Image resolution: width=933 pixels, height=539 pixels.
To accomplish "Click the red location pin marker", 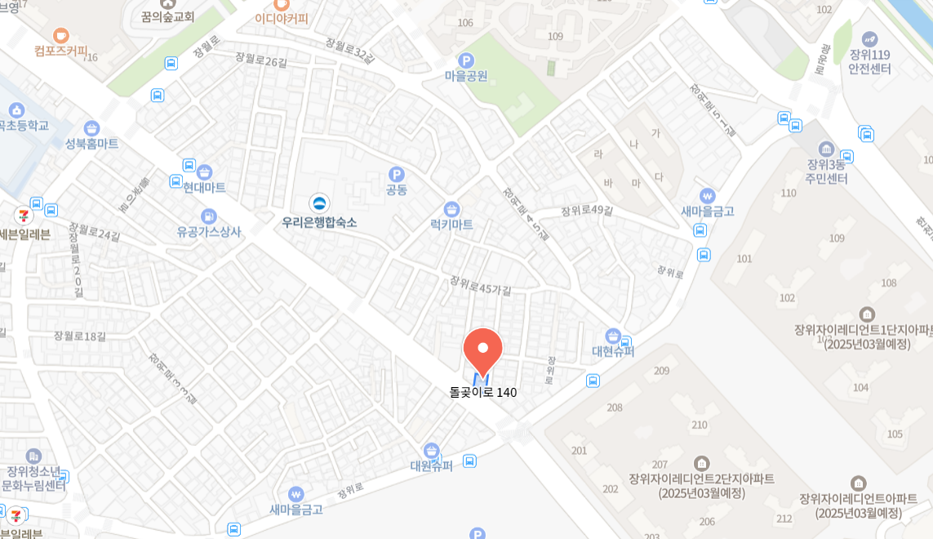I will tap(482, 350).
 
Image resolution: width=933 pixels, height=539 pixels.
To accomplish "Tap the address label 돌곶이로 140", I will tap(483, 392).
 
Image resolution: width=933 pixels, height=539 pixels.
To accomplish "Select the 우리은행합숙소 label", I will tap(319, 222).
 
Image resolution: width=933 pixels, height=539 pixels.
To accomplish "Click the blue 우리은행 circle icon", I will tap(319, 203).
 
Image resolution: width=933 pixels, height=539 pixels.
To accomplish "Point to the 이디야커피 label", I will tap(282, 19).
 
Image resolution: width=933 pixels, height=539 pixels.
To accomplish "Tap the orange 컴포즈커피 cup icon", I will tap(61, 35).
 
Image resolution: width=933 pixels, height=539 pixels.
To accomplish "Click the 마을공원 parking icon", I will tap(466, 60).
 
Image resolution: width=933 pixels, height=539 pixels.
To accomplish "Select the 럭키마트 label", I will tap(451, 224).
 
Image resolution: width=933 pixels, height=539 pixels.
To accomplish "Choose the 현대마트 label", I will tap(204, 187).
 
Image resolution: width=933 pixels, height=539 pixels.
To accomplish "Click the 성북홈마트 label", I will tap(91, 144).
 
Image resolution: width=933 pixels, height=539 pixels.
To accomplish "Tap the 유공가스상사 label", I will tap(209, 231).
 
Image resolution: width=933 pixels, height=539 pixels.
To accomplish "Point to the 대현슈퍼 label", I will tap(613, 351).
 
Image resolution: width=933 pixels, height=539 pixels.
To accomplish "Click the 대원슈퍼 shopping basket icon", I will tap(432, 451).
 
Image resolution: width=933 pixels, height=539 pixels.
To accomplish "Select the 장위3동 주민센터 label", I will tap(826, 171).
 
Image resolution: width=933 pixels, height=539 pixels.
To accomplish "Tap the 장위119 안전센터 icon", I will tap(869, 39).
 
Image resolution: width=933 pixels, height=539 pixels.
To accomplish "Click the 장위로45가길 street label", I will tap(480, 285).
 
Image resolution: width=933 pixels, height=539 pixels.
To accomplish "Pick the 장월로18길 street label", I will tap(80, 336).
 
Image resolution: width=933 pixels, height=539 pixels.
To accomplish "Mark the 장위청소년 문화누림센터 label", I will tap(33, 478).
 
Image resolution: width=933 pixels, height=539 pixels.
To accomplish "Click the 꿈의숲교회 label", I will tap(167, 16).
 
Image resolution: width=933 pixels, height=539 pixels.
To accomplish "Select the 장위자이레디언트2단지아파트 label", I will tap(701, 485).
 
